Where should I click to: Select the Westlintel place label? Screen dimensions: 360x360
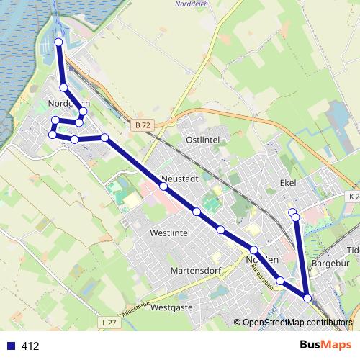point(169,233)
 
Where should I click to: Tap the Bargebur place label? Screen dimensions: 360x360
point(331,264)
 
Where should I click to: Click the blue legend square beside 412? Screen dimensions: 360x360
point(10,346)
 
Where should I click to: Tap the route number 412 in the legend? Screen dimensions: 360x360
point(30,346)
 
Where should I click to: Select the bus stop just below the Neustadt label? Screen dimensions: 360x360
point(163,186)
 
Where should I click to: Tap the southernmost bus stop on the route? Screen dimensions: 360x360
point(307,298)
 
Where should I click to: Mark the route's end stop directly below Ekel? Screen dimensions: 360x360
point(292,212)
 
